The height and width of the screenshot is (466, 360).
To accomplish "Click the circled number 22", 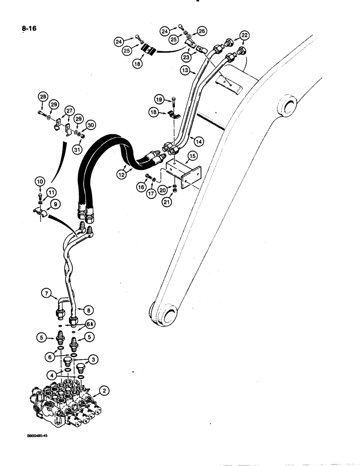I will click(x=245, y=35).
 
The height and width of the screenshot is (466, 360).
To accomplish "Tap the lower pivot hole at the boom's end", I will click(x=167, y=313).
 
